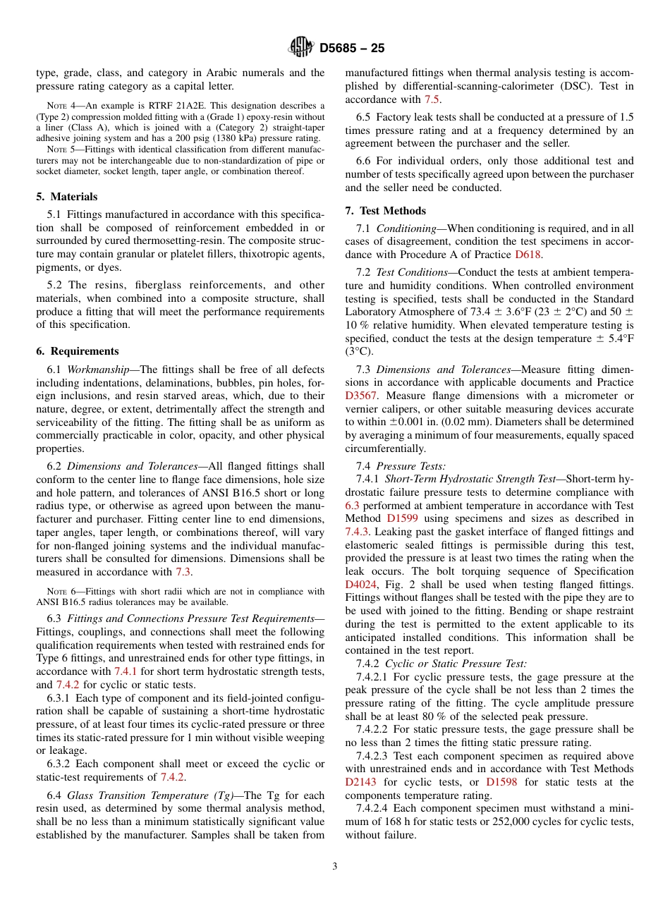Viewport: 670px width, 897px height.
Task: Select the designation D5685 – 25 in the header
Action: click(352, 49)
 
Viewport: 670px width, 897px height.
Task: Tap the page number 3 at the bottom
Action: click(335, 867)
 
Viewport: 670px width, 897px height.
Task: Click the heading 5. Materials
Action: click(67, 197)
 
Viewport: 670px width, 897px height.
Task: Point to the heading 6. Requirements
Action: click(78, 351)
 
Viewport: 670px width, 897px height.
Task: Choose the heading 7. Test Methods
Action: click(386, 211)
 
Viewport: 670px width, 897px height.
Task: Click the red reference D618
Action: click(528, 255)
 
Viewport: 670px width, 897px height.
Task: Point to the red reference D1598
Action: click(502, 782)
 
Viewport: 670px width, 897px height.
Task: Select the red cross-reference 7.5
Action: click(431, 99)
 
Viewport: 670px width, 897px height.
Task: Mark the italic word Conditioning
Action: click(406, 228)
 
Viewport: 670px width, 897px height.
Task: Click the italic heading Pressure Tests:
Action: click(410, 466)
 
